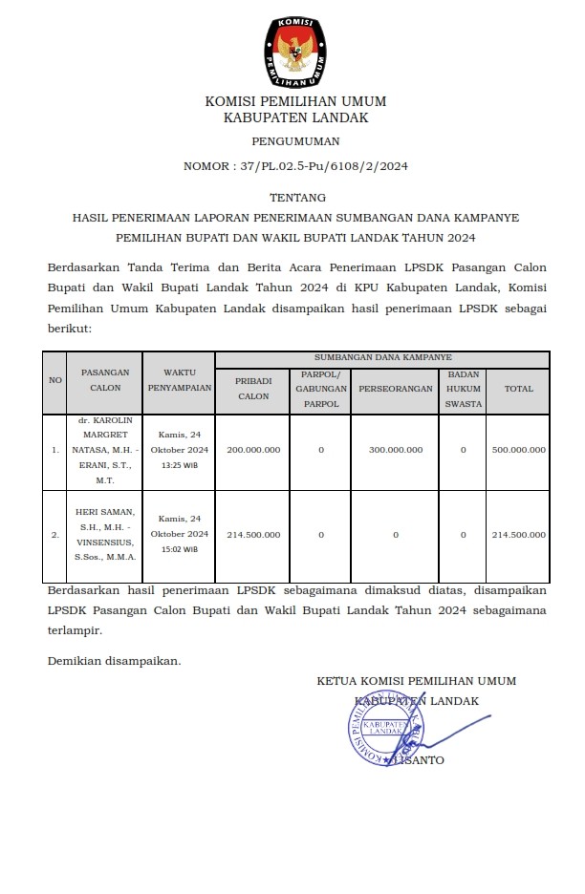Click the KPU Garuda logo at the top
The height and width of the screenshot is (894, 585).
click(x=294, y=49)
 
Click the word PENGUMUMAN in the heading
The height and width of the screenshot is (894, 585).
click(x=295, y=140)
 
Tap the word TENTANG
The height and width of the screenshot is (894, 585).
click(x=295, y=198)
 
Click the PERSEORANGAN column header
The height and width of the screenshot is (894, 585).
click(x=395, y=389)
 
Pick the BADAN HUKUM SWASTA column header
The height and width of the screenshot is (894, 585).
click(x=464, y=389)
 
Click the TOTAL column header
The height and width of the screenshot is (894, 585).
click(x=519, y=389)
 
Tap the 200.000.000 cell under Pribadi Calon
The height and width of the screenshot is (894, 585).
click(x=253, y=449)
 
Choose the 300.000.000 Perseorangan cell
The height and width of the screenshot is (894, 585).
click(x=395, y=449)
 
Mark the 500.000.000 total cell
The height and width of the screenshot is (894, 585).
click(x=519, y=449)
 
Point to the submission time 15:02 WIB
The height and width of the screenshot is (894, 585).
click(x=179, y=549)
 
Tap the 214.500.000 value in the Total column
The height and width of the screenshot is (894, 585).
click(x=519, y=534)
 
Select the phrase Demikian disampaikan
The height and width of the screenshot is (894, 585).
click(x=114, y=660)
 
